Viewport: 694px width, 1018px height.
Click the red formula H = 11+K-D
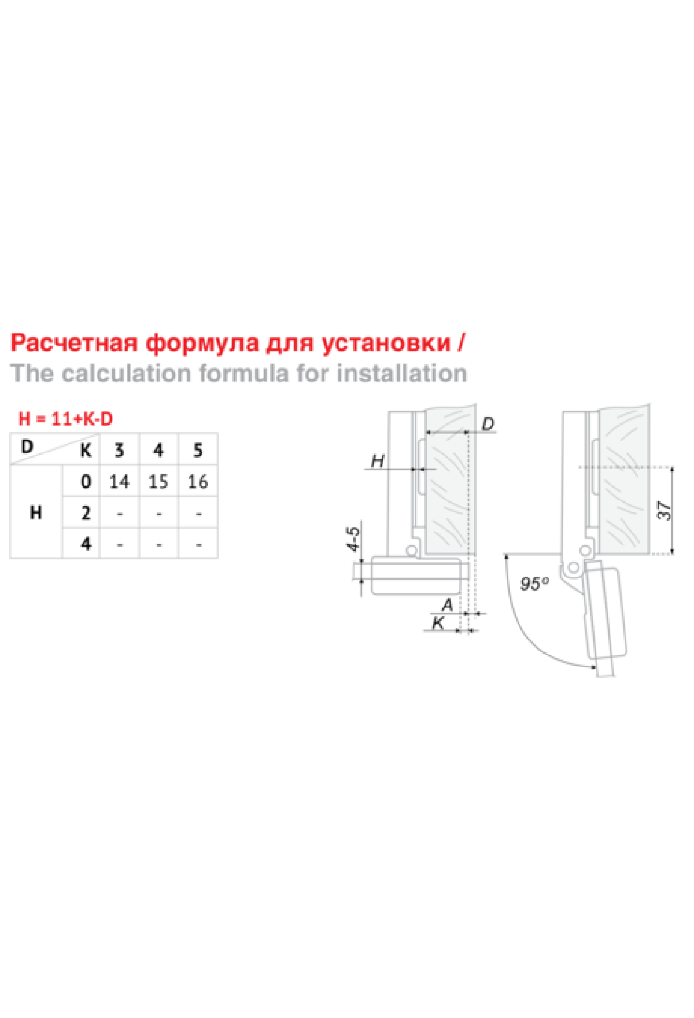pyautogui.click(x=65, y=419)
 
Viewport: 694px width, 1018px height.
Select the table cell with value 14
pyautogui.click(x=119, y=481)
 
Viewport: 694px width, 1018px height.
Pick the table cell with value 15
pyautogui.click(x=158, y=481)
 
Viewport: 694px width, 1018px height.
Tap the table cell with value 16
pyautogui.click(x=198, y=481)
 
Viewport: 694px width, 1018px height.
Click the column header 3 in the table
pyautogui.click(x=119, y=450)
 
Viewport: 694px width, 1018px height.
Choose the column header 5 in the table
pyautogui.click(x=198, y=450)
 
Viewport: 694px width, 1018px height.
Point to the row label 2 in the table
pyautogui.click(x=86, y=512)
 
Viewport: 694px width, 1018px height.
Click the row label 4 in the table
pyautogui.click(x=86, y=544)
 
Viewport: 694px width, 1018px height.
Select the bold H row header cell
pyautogui.click(x=36, y=512)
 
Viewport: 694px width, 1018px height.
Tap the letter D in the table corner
pyautogui.click(x=27, y=447)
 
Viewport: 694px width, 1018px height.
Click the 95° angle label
pyautogui.click(x=534, y=584)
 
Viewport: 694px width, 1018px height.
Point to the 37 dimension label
pyautogui.click(x=665, y=511)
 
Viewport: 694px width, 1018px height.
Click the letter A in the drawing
pyautogui.click(x=447, y=606)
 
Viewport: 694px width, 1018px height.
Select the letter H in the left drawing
pyautogui.click(x=378, y=461)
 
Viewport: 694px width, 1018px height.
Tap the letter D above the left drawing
pyautogui.click(x=488, y=424)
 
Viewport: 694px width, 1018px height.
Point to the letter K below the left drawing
pyautogui.click(x=438, y=624)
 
